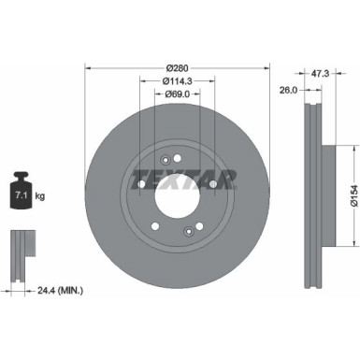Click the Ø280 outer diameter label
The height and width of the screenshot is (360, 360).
(x=178, y=67)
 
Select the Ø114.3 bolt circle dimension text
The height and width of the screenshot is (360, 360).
(x=178, y=80)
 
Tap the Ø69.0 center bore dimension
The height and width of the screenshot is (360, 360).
(x=178, y=94)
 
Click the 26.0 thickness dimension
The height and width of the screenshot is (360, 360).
(x=288, y=91)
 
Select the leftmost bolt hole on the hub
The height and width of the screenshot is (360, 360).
(x=140, y=194)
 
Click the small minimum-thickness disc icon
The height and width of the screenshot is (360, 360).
(x=20, y=247)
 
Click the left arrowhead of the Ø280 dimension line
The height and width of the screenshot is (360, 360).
(x=89, y=67)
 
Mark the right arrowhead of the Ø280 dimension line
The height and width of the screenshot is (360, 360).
(x=266, y=67)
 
